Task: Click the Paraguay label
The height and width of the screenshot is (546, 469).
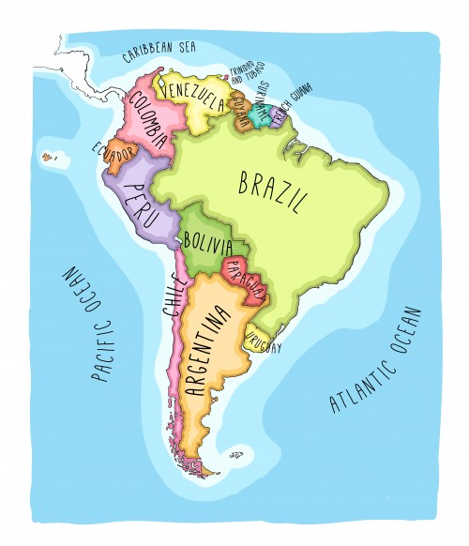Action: tap(242, 279)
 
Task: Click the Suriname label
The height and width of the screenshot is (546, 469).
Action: tap(260, 101)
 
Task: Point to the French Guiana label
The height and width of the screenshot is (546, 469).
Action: tap(294, 100)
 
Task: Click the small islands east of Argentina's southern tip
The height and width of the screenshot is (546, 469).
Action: tap(235, 457)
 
